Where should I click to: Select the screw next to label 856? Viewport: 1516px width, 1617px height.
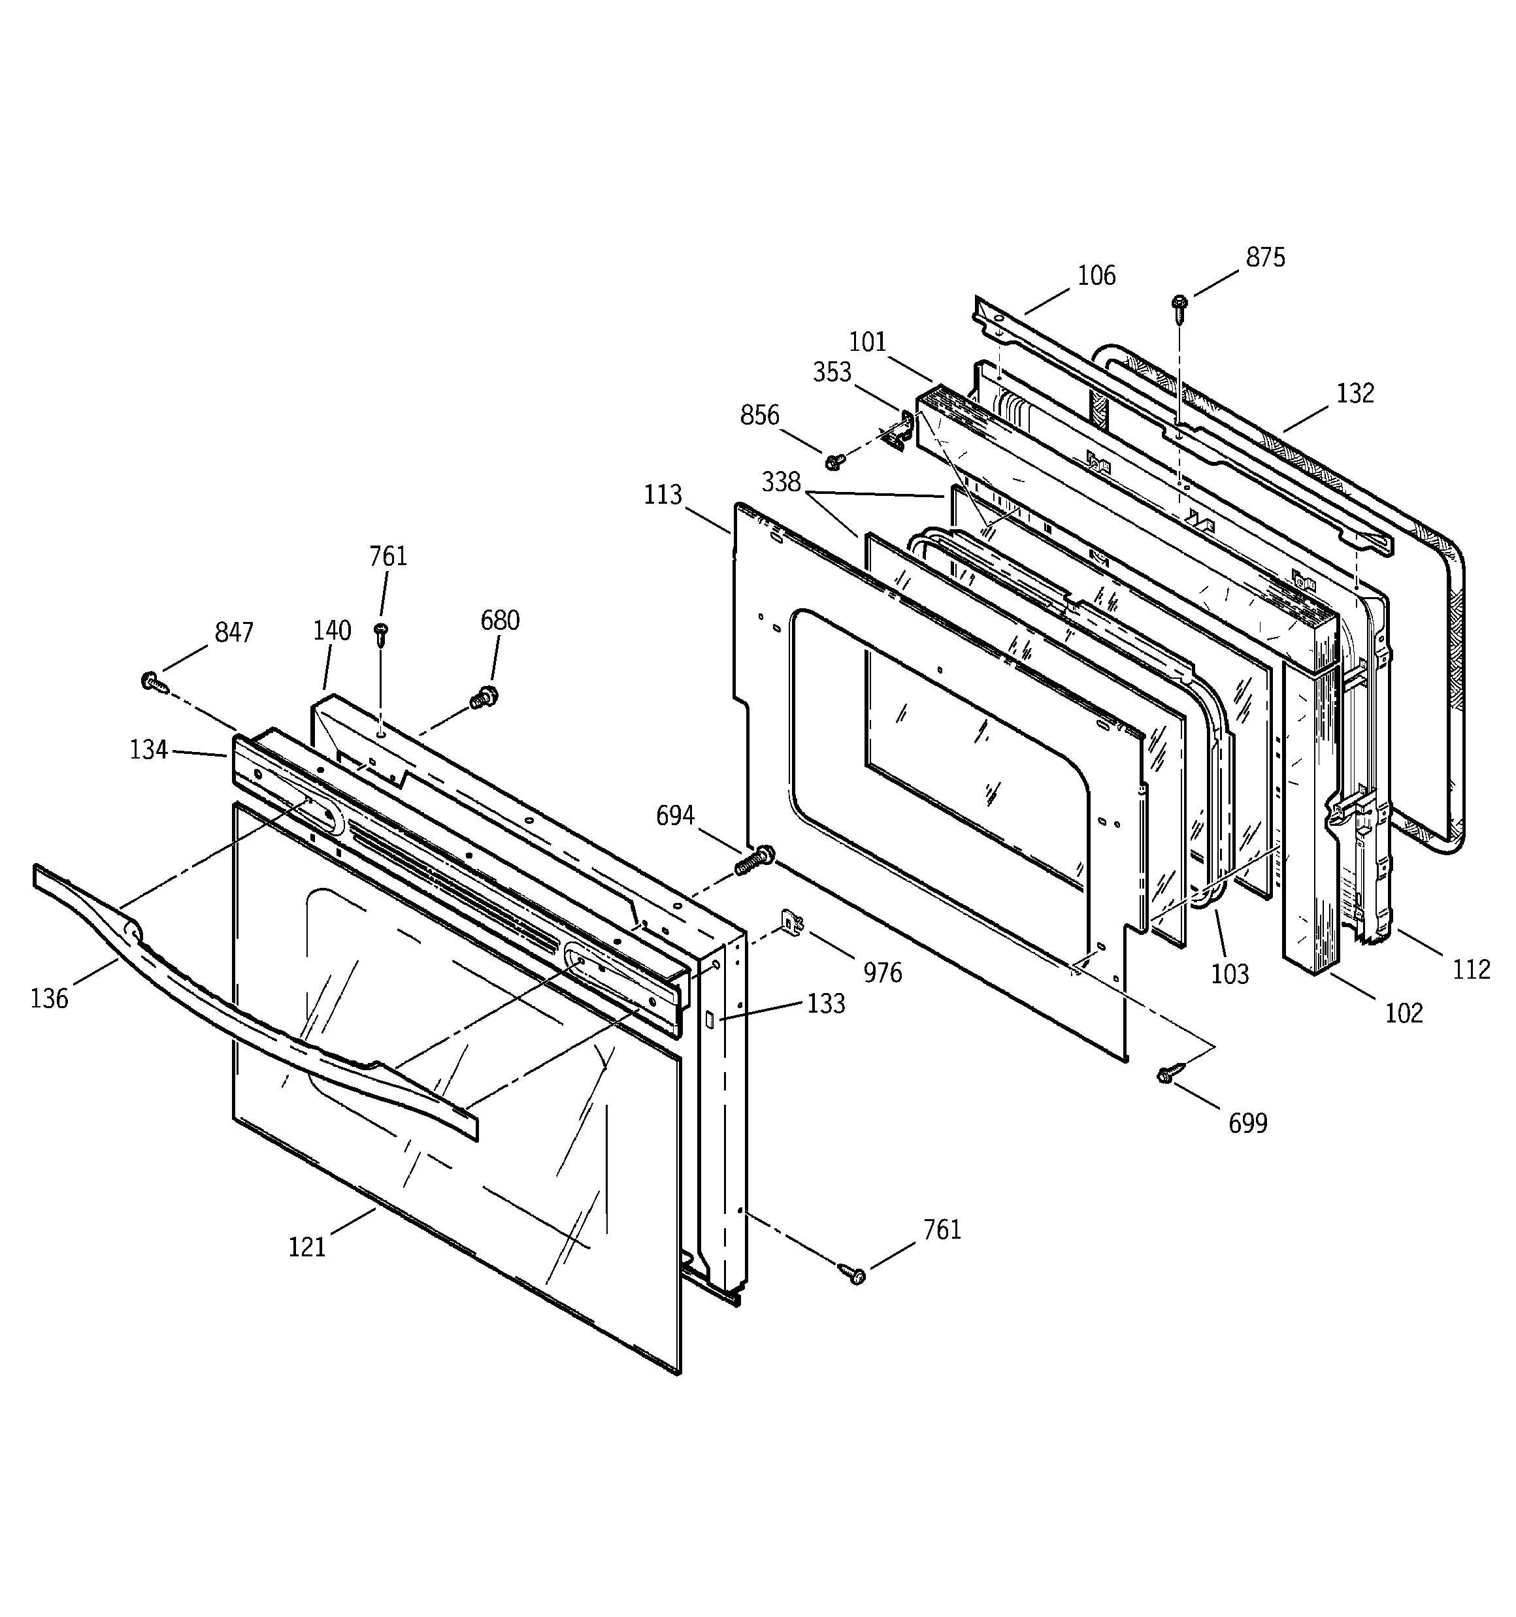(x=833, y=461)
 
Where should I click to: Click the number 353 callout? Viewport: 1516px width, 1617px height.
(x=832, y=372)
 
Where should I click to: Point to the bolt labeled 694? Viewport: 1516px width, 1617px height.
(x=755, y=860)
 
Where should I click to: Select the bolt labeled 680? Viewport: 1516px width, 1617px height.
(x=485, y=698)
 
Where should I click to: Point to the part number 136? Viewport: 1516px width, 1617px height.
(x=49, y=998)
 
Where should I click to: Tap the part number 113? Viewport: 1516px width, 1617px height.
(x=663, y=495)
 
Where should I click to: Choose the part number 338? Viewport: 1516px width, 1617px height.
(x=780, y=482)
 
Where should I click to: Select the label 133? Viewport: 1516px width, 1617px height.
(x=826, y=1004)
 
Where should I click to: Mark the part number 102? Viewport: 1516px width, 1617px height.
(x=1404, y=1013)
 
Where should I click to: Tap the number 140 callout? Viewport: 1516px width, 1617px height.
(x=332, y=630)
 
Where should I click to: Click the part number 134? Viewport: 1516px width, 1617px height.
(x=148, y=749)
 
